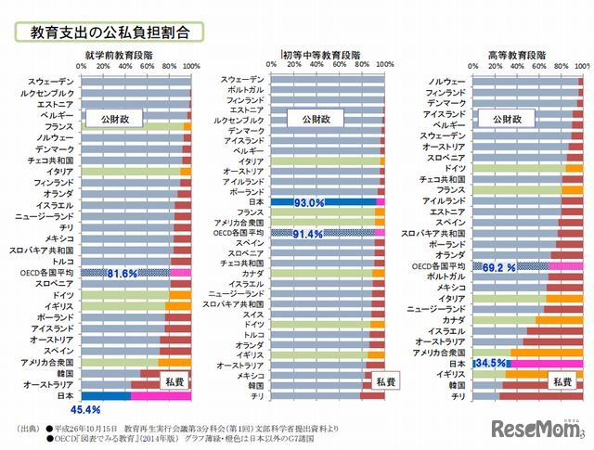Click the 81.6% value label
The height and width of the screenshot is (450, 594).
(123, 274)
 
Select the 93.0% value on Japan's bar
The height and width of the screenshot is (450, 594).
(309, 201)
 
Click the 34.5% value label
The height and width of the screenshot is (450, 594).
(491, 364)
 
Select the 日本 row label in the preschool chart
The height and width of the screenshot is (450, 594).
(65, 396)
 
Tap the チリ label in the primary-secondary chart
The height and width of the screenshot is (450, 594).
(256, 396)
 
